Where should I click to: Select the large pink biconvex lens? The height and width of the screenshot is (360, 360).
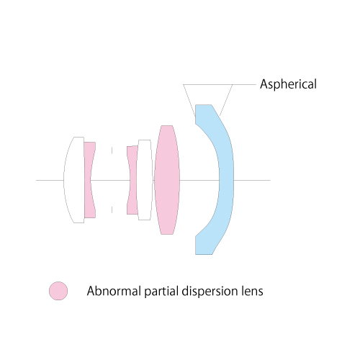tap(167, 180)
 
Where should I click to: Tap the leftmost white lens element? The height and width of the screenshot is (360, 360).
tap(74, 180)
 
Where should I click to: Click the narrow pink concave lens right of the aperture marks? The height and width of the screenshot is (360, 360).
tap(132, 180)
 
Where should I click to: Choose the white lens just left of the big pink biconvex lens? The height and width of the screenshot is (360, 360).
tap(145, 180)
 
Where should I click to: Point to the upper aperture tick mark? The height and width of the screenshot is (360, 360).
tap(112, 150)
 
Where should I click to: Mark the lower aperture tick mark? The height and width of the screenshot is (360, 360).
tap(112, 210)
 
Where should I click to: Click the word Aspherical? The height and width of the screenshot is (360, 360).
tap(288, 84)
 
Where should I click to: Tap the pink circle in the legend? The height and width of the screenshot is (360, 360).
tap(58, 291)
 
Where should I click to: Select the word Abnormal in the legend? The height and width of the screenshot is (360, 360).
tap(114, 291)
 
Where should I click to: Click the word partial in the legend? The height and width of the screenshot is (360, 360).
tap(162, 292)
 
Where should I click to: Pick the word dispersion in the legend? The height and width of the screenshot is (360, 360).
tap(210, 292)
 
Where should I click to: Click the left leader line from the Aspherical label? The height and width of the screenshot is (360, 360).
tap(189, 101)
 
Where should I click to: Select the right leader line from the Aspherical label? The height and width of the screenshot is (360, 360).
tap(226, 100)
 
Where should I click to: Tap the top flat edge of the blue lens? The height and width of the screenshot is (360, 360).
tap(204, 104)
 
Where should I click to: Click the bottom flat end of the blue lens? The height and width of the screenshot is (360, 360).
tap(204, 254)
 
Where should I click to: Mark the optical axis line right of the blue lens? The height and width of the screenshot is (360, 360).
tap(252, 180)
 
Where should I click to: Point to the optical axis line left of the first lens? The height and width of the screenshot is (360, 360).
tap(50, 180)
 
